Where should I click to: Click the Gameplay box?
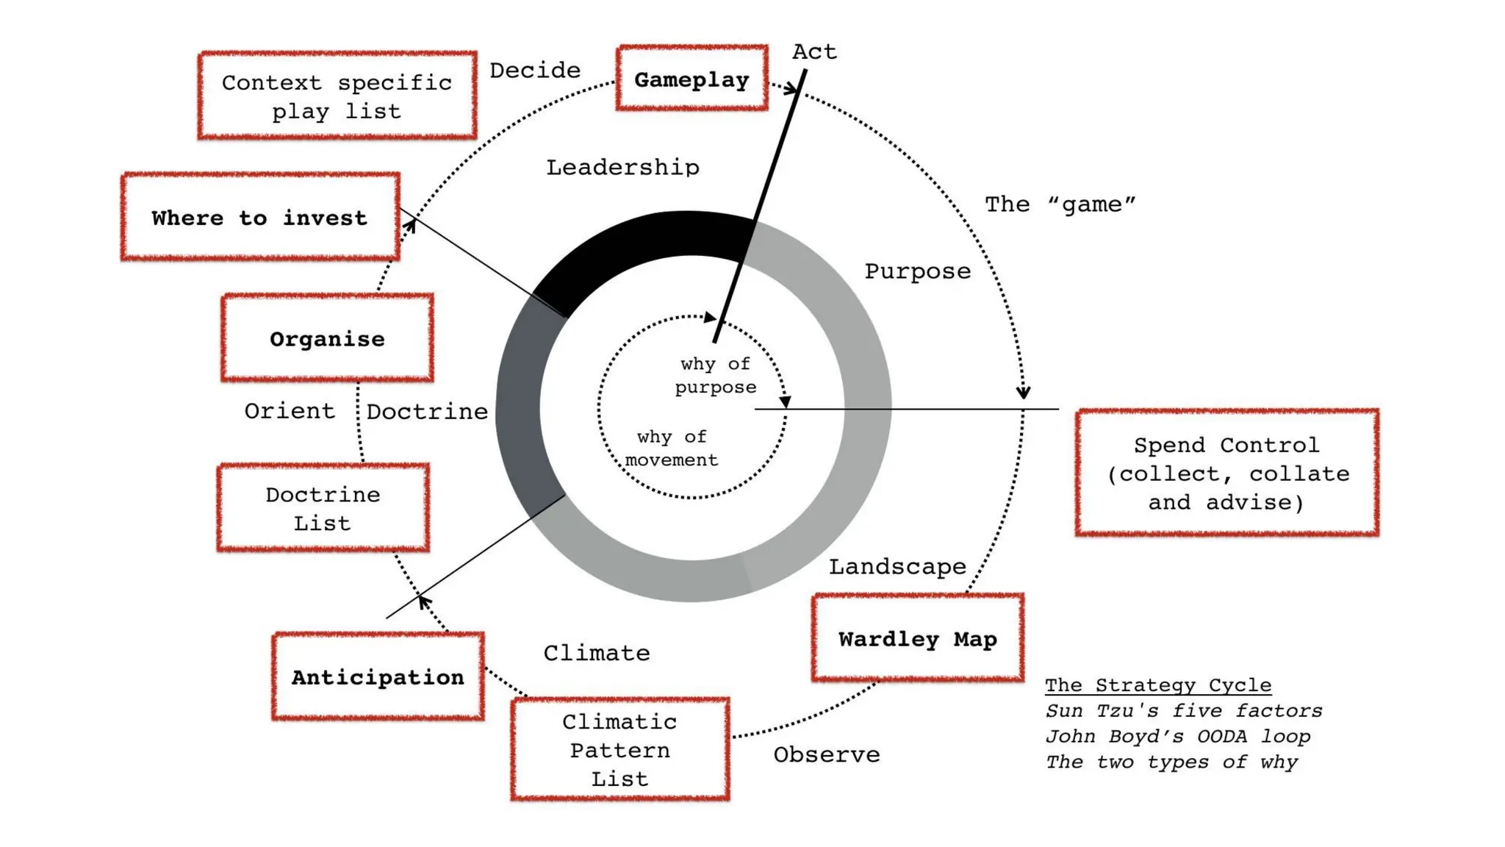[x=692, y=79]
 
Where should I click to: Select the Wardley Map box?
[x=917, y=638]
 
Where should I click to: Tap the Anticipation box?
[x=378, y=676]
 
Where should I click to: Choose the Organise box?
[x=327, y=338]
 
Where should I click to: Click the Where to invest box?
[x=260, y=217]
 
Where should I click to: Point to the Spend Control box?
[x=1226, y=473]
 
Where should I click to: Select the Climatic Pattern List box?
[x=620, y=749]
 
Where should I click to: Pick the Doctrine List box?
[x=323, y=508]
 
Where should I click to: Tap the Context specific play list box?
[x=337, y=96]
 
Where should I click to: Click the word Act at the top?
[x=814, y=51]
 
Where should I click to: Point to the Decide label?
[x=535, y=71]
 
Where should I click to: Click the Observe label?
[x=826, y=754]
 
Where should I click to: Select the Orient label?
[x=290, y=411]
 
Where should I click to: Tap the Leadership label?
[x=622, y=168]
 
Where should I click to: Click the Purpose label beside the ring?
[x=917, y=271]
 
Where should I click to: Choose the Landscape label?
[x=897, y=567]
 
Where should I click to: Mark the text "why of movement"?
[x=672, y=448]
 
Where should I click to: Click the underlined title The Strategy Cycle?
[x=1157, y=685]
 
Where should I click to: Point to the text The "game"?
[x=1060, y=204]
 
